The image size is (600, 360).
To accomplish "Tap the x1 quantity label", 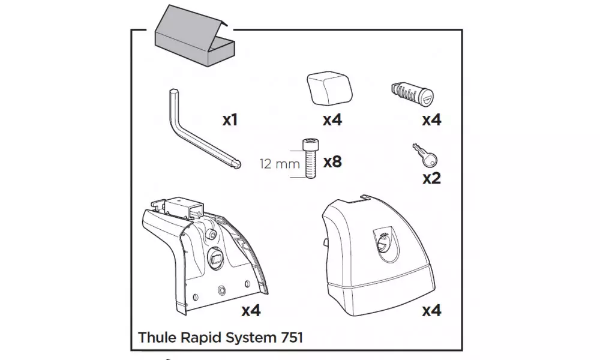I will (x=230, y=120).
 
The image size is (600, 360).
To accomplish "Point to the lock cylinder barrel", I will (x=413, y=92).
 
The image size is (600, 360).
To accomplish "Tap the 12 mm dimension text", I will (x=278, y=162).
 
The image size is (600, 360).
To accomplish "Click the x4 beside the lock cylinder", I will (x=431, y=120).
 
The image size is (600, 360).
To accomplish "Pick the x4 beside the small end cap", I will (x=332, y=120).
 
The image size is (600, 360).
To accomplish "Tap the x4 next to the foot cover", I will (x=431, y=311).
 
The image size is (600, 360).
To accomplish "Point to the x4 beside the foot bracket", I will (x=251, y=311).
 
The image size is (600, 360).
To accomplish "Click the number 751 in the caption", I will (x=290, y=337).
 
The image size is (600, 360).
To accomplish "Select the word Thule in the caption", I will (x=155, y=337).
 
